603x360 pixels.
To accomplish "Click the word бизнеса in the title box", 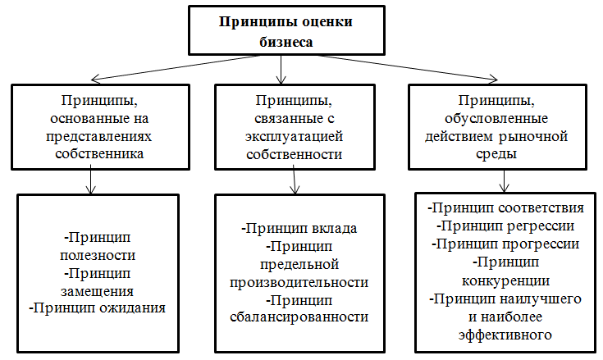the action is click(286, 42).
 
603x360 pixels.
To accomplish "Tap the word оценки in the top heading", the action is click(327, 22).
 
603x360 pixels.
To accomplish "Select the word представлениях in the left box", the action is click(98, 136).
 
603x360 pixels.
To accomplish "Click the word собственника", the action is click(99, 153).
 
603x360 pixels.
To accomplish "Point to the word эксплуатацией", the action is click(295, 136).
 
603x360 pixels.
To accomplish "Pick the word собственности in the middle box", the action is click(295, 154).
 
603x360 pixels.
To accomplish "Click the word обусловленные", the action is click(496, 118).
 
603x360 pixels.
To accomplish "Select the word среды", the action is click(496, 154).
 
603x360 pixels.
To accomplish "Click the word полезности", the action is click(98, 256).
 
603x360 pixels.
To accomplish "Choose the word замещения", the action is click(98, 291).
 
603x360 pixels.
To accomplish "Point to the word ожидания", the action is click(132, 308).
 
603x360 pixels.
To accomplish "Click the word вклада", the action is click(334, 229).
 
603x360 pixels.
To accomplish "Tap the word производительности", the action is click(299, 283).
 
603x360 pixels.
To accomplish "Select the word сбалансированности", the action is click(299, 317).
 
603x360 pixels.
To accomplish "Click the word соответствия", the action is click(541, 208).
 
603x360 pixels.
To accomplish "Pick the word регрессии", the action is click(541, 226).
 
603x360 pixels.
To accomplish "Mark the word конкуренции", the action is click(505, 280).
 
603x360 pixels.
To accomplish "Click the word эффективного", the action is click(505, 335).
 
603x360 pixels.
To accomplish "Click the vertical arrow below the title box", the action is click(281, 70).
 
